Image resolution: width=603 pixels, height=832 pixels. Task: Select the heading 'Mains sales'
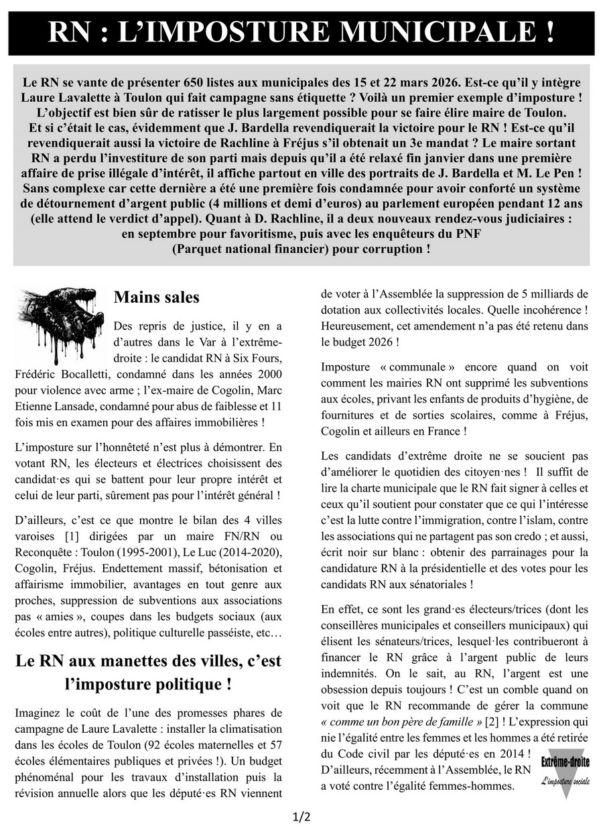click(157, 296)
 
